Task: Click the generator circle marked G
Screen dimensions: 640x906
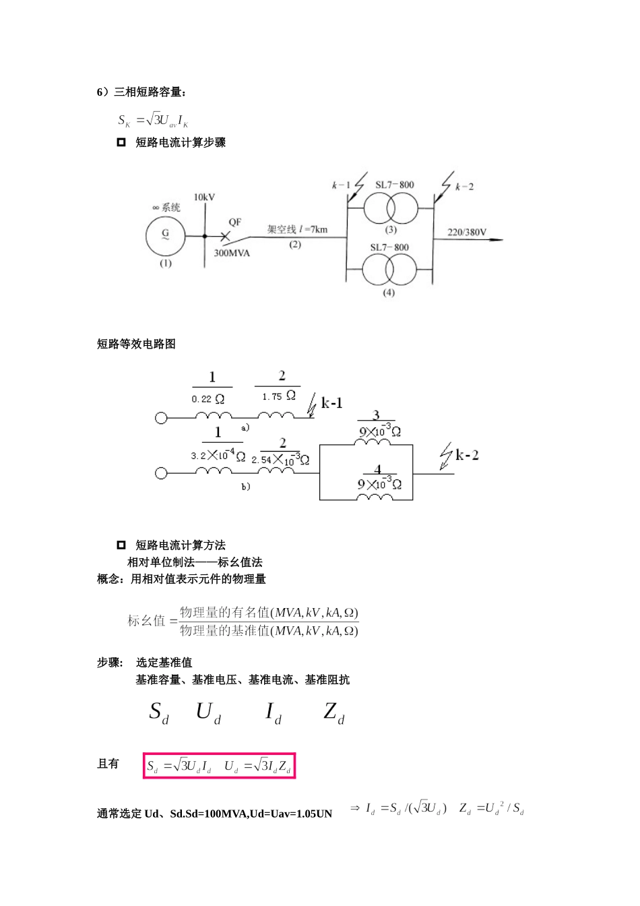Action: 165,236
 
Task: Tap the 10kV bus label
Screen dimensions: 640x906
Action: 204,198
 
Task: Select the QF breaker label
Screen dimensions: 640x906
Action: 235,222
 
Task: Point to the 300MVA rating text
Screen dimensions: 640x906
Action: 232,253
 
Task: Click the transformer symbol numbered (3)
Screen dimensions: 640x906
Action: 390,208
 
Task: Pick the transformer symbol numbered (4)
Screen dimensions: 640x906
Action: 389,270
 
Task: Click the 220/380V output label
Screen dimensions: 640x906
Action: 467,232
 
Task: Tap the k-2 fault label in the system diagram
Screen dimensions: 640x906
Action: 464,187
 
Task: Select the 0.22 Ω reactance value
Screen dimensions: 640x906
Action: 207,399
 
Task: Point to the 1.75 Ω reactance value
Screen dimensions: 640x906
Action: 278,396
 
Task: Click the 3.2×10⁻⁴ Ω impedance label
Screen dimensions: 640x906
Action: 218,455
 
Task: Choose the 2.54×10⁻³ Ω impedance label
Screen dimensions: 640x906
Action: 280,459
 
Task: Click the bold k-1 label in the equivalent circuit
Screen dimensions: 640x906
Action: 331,403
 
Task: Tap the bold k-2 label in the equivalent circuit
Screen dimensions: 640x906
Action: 467,455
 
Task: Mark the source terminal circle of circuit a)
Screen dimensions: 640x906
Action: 161,418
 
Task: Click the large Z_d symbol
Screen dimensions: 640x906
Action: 334,713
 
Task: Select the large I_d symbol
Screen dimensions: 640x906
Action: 274,713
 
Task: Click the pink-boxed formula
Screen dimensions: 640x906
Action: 219,766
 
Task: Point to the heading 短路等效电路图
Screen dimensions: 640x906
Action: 136,344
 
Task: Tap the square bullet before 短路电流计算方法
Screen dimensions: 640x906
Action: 121,545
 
